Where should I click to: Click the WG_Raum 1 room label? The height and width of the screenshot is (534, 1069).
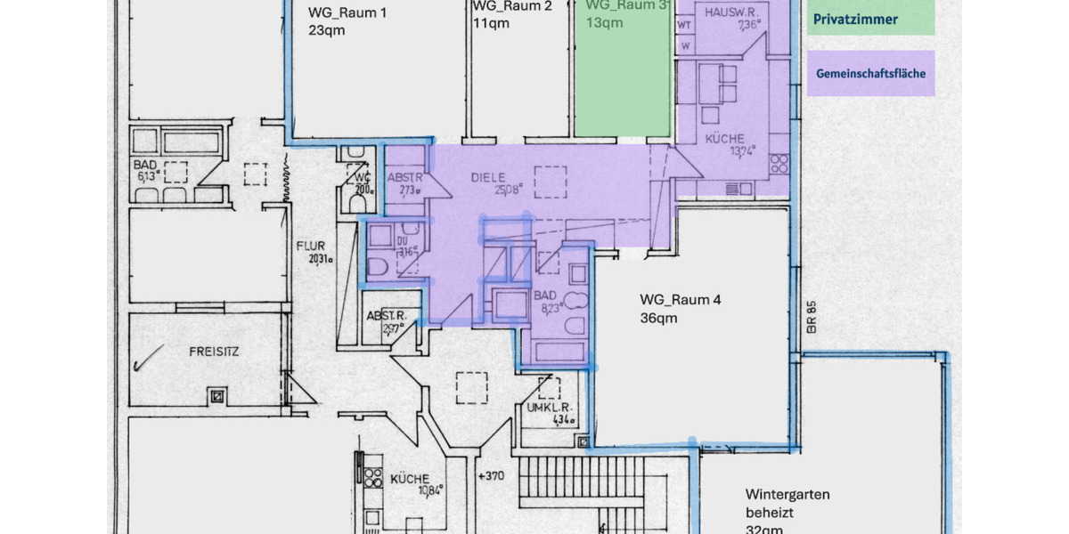pos(347,12)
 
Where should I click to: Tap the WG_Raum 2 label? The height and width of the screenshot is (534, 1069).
pos(512,6)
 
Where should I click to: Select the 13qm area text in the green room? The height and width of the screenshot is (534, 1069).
pos(605,23)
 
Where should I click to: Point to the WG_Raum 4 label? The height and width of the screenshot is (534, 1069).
pos(681,300)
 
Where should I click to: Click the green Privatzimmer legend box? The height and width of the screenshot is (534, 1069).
pos(872,19)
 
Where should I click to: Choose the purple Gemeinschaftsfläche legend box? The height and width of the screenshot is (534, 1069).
pos(872,74)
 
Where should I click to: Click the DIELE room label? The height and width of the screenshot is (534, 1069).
pos(489,177)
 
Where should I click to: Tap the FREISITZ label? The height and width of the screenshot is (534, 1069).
pos(214,352)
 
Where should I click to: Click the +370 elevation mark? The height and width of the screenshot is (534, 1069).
pos(492,476)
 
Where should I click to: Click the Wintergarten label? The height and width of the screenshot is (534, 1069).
pos(787,494)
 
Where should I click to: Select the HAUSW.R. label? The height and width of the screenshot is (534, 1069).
pos(730,12)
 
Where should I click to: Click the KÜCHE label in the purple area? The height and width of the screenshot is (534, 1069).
pos(724,139)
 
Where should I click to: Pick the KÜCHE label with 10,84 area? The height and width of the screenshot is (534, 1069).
pos(410,480)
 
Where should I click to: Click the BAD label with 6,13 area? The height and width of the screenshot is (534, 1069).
pos(145,166)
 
